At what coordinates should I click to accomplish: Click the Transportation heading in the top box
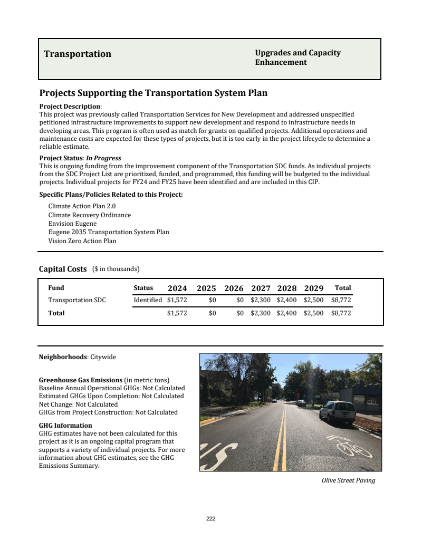pos(78,54)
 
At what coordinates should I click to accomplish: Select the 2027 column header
pos(261,288)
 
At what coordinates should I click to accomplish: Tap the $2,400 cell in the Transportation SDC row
pos(287,300)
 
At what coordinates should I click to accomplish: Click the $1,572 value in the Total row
pos(177,313)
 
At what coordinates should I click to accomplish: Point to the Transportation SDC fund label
pos(77,300)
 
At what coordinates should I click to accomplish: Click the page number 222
pos(211,518)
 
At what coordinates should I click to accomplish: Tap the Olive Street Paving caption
pos(348,480)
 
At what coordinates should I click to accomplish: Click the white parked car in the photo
pos(338,411)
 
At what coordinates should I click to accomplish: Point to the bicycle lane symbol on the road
pos(351,447)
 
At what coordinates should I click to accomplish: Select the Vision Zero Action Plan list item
pos(82,241)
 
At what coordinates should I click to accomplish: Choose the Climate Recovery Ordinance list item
pos(90,215)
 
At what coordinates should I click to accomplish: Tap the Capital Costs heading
pos(63,269)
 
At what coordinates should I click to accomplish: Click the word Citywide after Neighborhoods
pos(103,357)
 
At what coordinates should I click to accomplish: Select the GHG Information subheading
pos(65,425)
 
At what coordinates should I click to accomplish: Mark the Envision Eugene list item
pos(72,224)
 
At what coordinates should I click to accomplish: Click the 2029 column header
pos(313,288)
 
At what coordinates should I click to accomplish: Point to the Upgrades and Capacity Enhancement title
pos(298,57)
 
